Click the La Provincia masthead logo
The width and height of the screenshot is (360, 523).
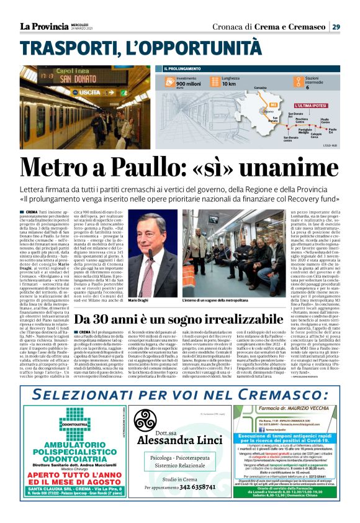coord(43,26)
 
